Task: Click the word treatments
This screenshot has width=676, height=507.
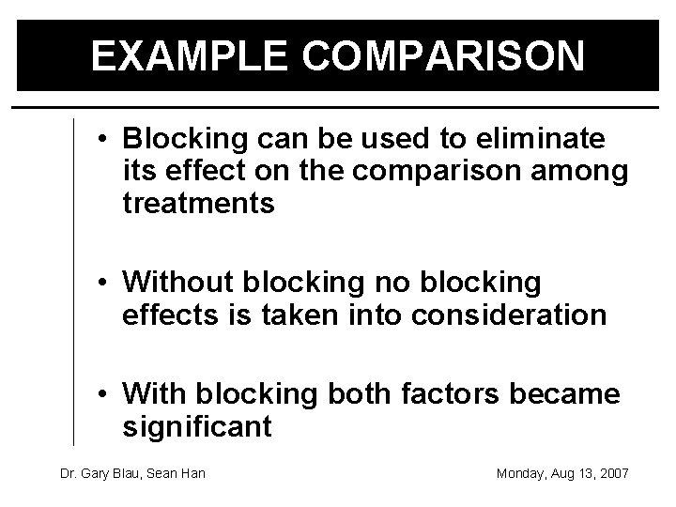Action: (199, 204)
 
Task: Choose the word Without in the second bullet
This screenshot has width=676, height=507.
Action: (179, 281)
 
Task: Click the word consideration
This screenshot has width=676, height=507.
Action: (509, 314)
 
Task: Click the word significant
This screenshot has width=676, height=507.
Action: (197, 428)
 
